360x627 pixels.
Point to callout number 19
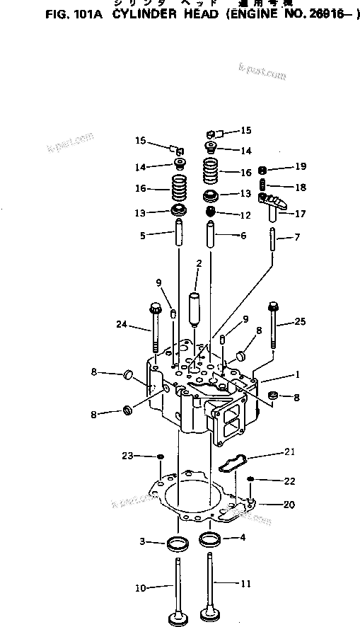click(x=301, y=168)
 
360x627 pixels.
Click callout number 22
click(x=289, y=481)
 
